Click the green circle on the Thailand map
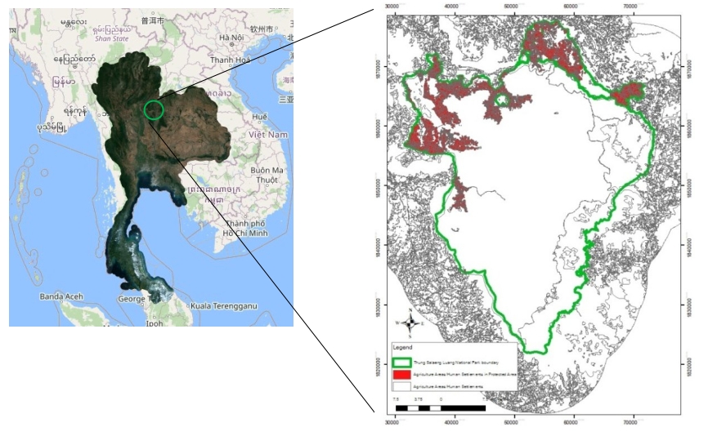154,109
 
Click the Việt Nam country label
269,134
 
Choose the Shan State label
112,38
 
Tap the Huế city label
260,117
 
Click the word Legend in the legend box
403,347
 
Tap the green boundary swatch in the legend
402,360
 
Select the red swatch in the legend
402,372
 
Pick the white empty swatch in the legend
402,384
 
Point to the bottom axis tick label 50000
513,422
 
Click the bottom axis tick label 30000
396,422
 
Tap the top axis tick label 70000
630,7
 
